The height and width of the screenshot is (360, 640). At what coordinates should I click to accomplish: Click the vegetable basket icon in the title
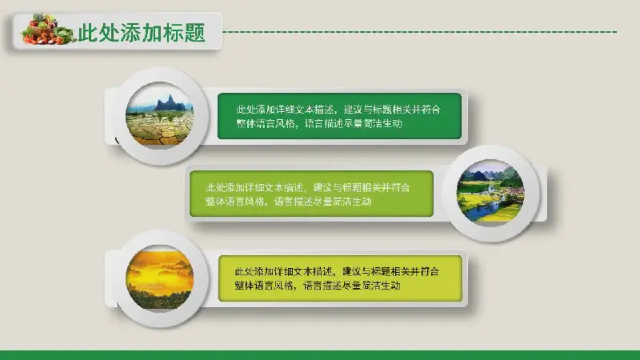[x=49, y=29]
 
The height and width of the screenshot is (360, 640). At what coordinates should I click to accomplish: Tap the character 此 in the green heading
[x=88, y=33]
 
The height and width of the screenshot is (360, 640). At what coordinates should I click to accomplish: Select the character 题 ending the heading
[x=194, y=33]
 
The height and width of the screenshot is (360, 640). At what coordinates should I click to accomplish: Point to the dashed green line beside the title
[x=421, y=31]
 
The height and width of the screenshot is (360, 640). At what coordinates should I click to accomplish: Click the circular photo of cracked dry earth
[x=159, y=115]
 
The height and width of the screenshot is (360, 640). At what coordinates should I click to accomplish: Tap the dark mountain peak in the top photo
[x=170, y=103]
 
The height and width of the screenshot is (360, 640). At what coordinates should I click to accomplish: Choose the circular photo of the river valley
[x=490, y=193]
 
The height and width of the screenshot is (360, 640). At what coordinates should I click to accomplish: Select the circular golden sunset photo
[x=159, y=278]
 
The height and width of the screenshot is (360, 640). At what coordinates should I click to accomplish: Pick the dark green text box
[x=339, y=116]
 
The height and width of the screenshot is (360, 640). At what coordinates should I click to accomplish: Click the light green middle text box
[x=311, y=194]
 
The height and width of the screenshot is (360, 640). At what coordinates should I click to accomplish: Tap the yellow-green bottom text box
[x=341, y=278]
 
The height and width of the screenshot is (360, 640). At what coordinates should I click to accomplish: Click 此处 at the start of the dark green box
[x=246, y=110]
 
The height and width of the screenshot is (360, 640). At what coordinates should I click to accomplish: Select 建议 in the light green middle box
[x=323, y=188]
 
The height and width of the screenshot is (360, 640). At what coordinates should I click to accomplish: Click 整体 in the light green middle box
[x=215, y=202]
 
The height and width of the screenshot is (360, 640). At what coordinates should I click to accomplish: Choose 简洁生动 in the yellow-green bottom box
[x=381, y=286]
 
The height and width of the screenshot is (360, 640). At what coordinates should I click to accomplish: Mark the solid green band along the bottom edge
[x=320, y=355]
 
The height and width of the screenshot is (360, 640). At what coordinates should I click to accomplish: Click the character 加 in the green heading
[x=152, y=33]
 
